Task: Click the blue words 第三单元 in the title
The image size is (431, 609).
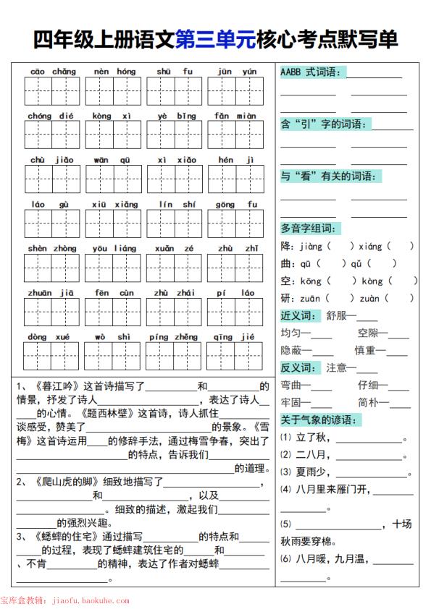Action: click(x=215, y=40)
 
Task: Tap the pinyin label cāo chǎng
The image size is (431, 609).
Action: click(x=53, y=72)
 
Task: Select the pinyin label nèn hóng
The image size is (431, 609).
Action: click(x=114, y=72)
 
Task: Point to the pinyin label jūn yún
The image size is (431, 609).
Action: click(x=236, y=72)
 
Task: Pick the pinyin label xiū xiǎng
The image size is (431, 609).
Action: click(x=114, y=205)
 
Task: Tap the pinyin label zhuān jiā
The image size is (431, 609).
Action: click(x=53, y=293)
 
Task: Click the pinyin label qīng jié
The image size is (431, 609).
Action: click(x=236, y=337)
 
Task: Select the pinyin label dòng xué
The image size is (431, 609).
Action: click(x=53, y=337)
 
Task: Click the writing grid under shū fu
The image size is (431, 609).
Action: click(x=175, y=91)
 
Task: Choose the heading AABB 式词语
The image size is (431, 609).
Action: click(x=312, y=72)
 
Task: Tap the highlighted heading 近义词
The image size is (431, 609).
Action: click(x=298, y=315)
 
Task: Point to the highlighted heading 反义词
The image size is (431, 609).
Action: click(x=298, y=367)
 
